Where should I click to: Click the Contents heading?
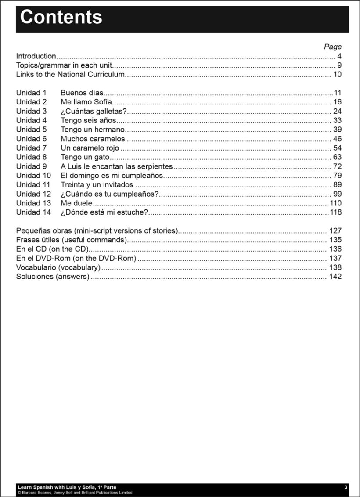61,18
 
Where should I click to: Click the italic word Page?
332,47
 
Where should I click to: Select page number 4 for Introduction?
339,56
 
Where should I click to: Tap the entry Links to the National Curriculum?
70,75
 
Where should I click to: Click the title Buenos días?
82,93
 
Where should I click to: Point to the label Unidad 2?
31,102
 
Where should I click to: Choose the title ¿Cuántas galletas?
94,112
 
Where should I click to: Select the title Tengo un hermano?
93,130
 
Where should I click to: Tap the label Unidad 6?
31,139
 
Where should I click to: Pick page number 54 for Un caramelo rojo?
337,148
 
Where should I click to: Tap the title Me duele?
76,203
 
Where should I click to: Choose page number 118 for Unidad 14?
335,212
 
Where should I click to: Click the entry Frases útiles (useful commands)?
71,240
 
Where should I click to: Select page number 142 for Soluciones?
335,277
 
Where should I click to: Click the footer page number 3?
346,487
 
